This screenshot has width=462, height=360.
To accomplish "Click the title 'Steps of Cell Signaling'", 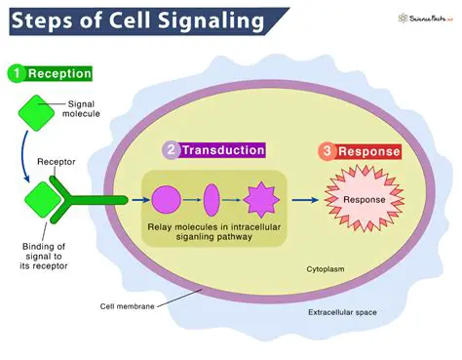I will click(x=135, y=19).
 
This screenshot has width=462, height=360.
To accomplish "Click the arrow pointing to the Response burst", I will click(x=307, y=201).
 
